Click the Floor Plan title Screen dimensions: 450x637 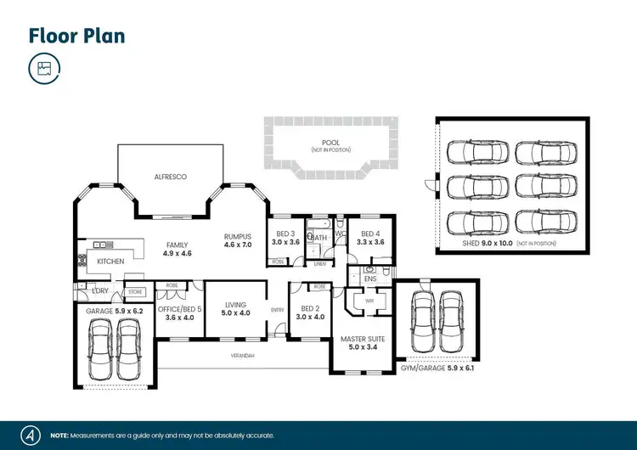(x=76, y=36)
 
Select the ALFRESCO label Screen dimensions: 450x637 (x=170, y=177)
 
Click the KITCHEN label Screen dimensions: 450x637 (x=110, y=261)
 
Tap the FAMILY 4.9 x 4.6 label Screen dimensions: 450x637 (x=178, y=248)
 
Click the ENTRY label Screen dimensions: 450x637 (x=277, y=310)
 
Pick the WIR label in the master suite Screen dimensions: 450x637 (x=369, y=300)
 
